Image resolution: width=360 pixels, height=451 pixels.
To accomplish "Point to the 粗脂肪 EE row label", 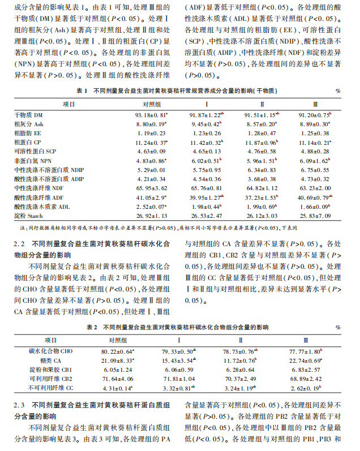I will coord(29,133).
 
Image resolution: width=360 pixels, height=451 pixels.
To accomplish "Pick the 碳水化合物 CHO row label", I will coord(50,351).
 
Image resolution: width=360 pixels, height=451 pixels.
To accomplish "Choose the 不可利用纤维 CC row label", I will coord(50,388).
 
